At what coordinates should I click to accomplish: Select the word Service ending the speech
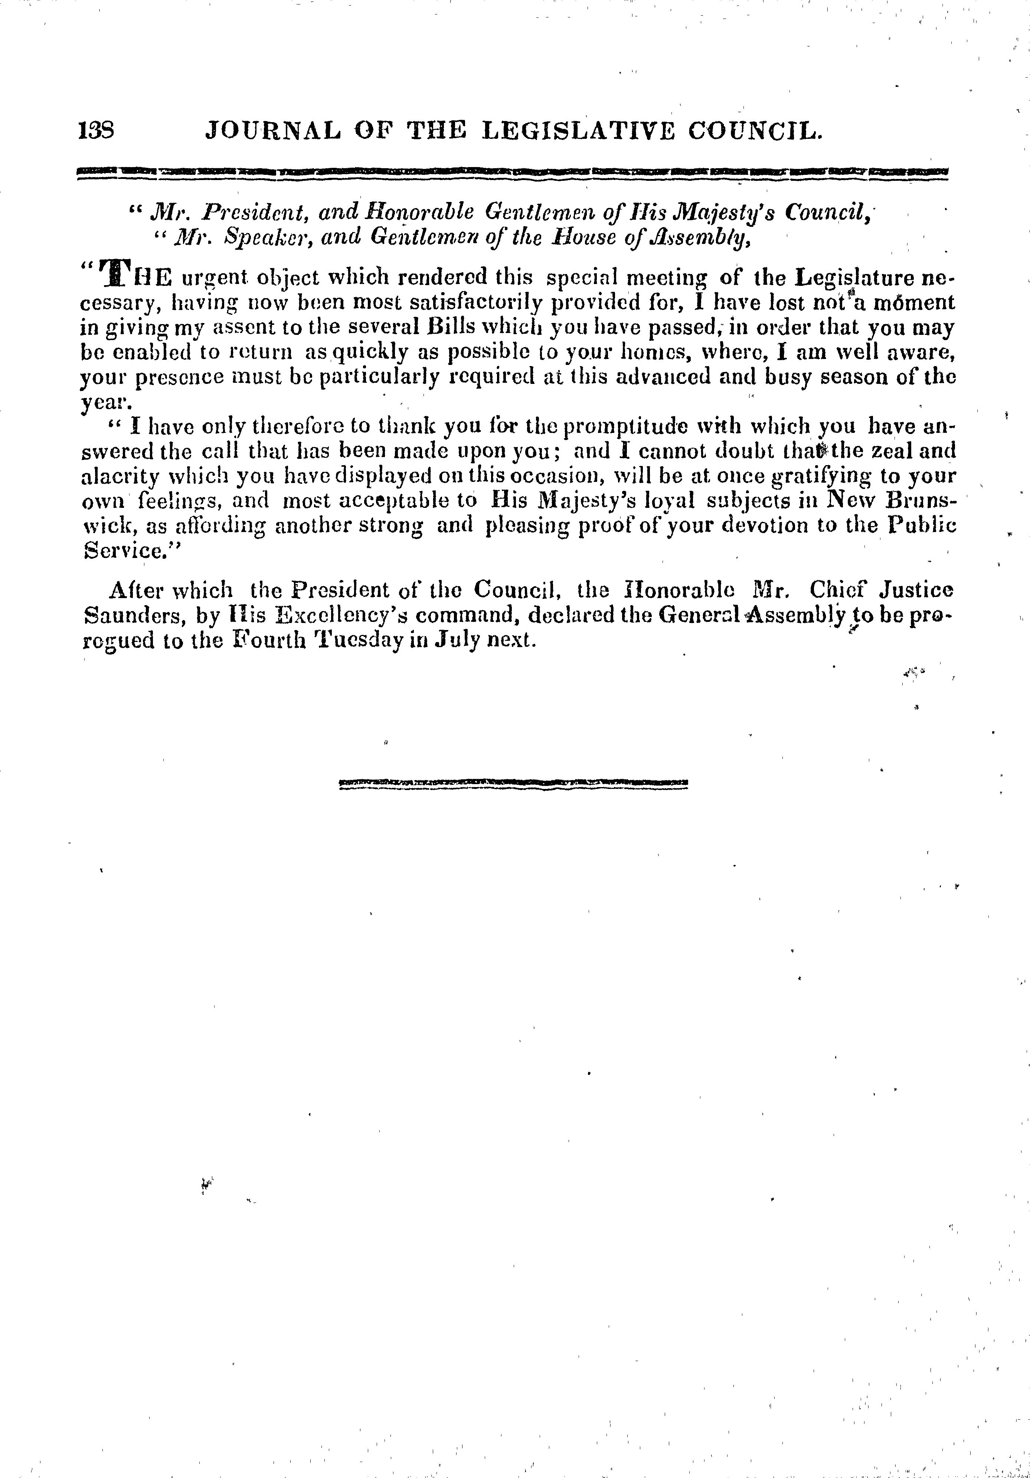pyautogui.click(x=122, y=550)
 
